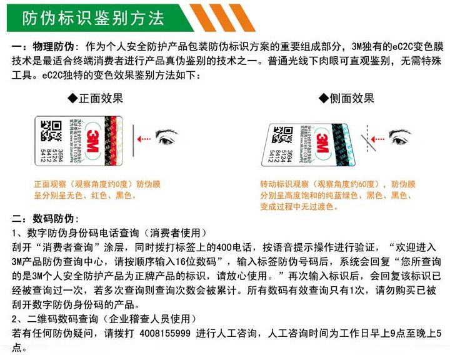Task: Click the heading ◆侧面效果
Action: point(346,98)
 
